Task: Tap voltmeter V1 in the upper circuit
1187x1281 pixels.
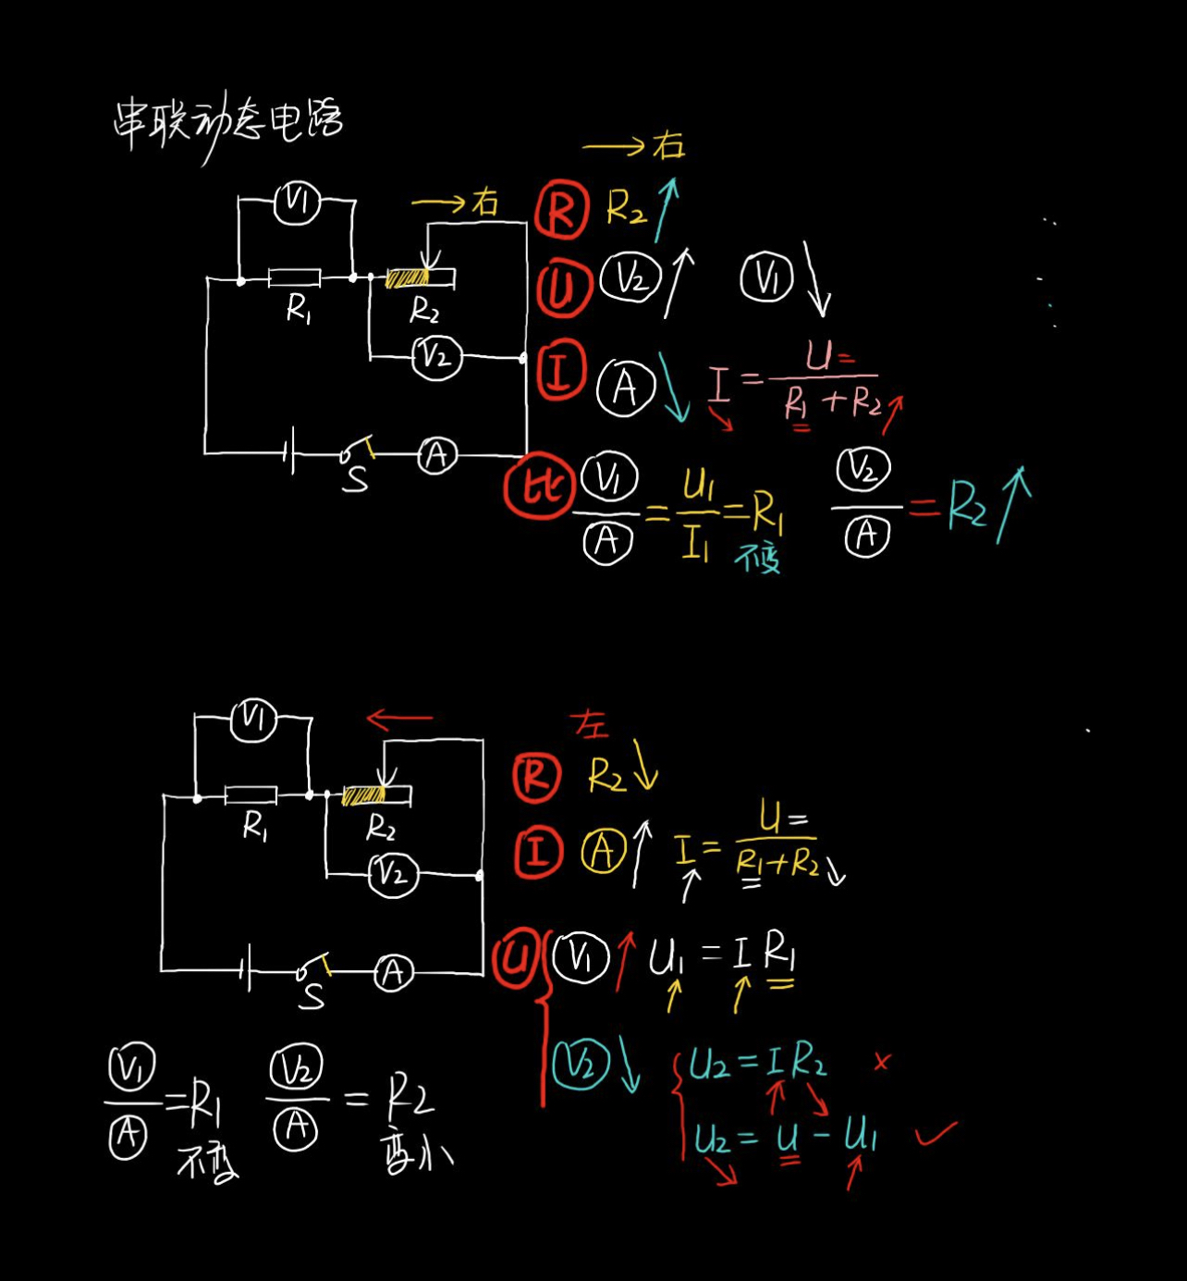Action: point(298,202)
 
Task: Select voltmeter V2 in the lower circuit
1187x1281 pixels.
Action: point(393,874)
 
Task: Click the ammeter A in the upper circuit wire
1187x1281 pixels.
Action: point(436,455)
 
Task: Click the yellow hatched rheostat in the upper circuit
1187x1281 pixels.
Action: point(408,277)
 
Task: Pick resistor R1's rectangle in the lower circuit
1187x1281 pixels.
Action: point(251,794)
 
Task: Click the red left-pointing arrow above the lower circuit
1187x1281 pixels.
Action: point(398,718)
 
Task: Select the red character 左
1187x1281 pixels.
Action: point(590,723)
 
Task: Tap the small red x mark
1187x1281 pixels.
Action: point(881,1062)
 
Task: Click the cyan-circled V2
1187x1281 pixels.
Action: point(581,1064)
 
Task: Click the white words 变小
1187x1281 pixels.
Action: point(416,1153)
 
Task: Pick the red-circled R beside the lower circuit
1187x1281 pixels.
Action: point(536,777)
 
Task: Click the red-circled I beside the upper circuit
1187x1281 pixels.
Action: point(560,370)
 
